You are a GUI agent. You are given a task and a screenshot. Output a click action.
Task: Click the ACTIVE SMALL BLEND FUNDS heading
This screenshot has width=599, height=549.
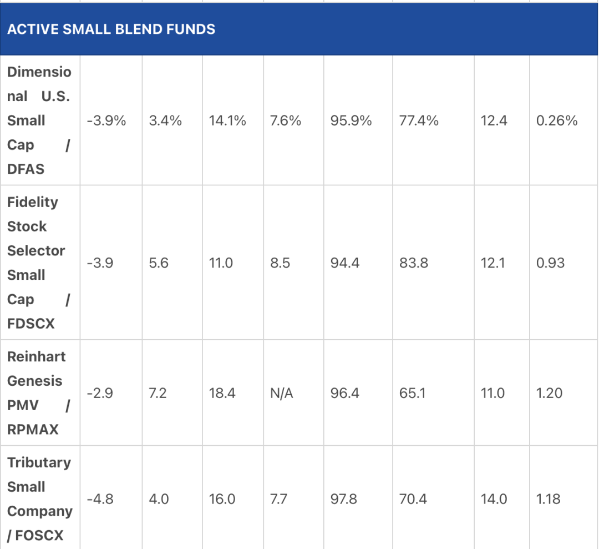[x=111, y=29]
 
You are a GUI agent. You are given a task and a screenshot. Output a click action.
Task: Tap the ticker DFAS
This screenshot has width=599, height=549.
[x=26, y=169]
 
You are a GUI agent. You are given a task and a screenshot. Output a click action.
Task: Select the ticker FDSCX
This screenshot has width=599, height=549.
[x=31, y=324]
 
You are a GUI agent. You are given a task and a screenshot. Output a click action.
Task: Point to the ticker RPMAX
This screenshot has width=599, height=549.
[x=33, y=429]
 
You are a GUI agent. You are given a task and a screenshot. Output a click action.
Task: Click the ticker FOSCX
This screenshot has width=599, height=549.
[x=39, y=535]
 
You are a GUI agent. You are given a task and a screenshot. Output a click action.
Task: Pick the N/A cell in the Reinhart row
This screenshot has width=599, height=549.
[x=282, y=393]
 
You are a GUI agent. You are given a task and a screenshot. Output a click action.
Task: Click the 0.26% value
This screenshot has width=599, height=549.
[x=557, y=120]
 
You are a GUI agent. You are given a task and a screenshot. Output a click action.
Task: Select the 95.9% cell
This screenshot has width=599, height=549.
[x=351, y=120]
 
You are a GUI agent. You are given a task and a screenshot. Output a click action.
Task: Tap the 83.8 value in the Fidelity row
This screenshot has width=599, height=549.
[x=414, y=263]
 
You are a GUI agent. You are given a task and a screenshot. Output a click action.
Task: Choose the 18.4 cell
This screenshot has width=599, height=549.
[x=222, y=393]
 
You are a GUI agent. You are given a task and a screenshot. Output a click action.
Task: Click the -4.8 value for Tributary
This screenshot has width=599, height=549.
[x=100, y=499]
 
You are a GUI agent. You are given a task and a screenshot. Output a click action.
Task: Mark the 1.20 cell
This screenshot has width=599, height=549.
[x=549, y=393]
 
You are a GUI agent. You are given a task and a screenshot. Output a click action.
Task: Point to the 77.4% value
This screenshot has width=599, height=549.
[x=419, y=120]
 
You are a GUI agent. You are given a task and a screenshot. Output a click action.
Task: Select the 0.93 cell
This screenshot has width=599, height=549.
[x=551, y=263]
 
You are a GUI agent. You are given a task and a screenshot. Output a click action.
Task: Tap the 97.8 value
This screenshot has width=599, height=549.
[x=344, y=499]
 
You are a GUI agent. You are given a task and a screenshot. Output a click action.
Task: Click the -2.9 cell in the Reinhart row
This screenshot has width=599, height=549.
[x=100, y=393]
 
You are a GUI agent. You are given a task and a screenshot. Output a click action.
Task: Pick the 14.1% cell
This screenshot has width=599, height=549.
[x=227, y=120]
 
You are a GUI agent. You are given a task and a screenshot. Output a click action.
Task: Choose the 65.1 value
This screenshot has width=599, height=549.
[x=412, y=393]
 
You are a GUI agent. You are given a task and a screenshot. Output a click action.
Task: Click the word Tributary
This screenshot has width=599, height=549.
[x=39, y=462]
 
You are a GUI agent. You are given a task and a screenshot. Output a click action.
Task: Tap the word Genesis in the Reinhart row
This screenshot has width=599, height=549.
[x=35, y=381]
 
